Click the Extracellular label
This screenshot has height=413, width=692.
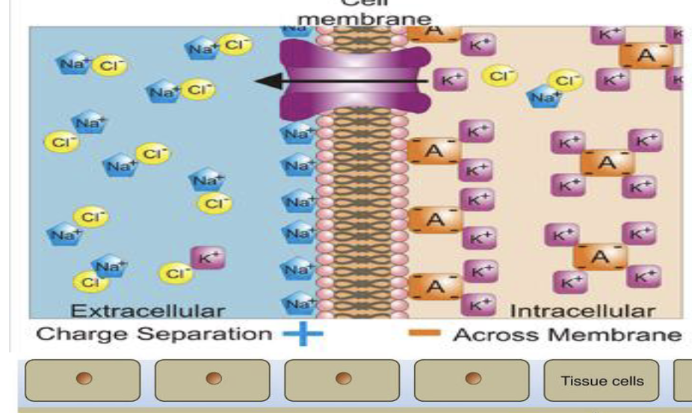147,310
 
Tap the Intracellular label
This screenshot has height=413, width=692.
582,310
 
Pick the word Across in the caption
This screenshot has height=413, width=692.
498,334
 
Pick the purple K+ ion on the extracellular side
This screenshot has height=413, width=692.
208,257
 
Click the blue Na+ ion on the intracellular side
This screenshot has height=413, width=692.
544,96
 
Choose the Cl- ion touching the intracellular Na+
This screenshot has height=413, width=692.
566,80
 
